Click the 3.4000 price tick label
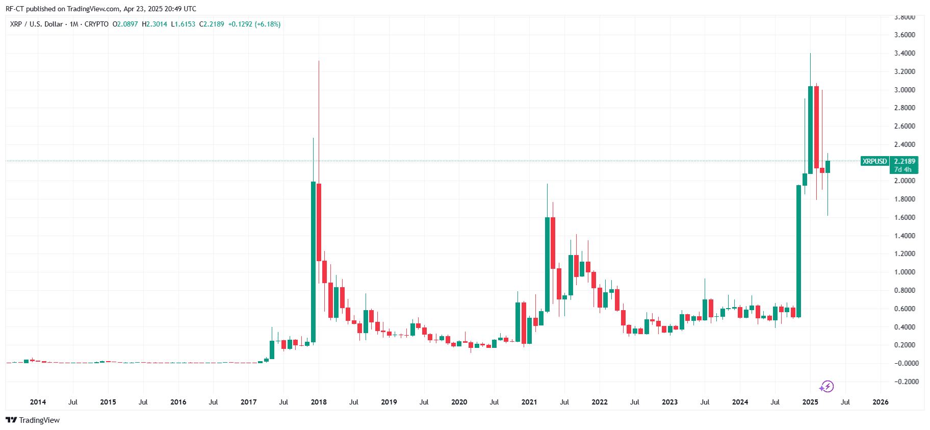[905, 53]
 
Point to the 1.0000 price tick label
[905, 272]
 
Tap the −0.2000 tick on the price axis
[905, 382]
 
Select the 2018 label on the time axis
[319, 402]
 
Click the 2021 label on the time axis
[529, 402]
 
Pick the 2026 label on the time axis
[880, 402]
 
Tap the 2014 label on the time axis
[38, 402]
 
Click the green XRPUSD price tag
[874, 161]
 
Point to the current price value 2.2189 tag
[905, 161]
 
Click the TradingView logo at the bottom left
[33, 420]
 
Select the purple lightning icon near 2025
[827, 387]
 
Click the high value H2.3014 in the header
[154, 24]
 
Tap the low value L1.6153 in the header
[183, 24]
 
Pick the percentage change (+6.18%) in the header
[268, 24]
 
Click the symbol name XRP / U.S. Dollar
[36, 24]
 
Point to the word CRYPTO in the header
[96, 24]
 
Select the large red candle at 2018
[319, 222]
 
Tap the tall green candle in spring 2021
[547, 264]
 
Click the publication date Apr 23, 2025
[143, 9]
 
